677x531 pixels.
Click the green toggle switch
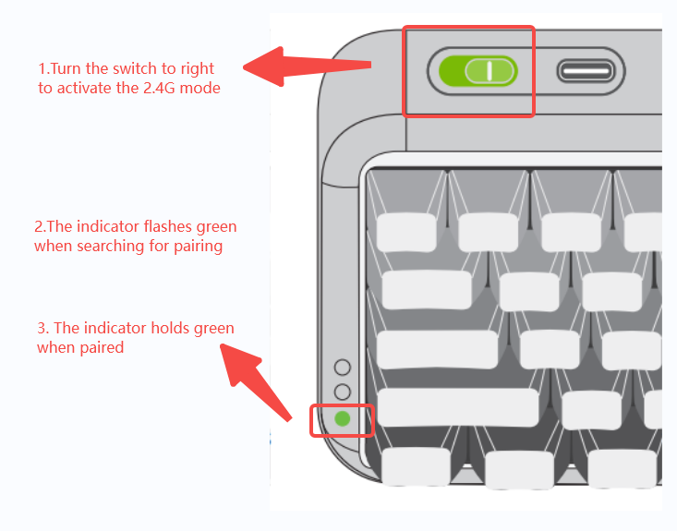point(478,71)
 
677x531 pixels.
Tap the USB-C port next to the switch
point(585,71)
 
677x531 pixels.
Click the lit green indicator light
point(343,418)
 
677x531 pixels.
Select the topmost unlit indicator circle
point(343,368)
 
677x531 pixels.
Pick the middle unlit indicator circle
point(343,392)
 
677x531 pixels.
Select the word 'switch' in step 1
point(137,68)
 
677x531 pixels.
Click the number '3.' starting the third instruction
point(42,328)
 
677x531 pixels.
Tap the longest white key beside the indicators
point(458,407)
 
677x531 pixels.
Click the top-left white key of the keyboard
point(405,232)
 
